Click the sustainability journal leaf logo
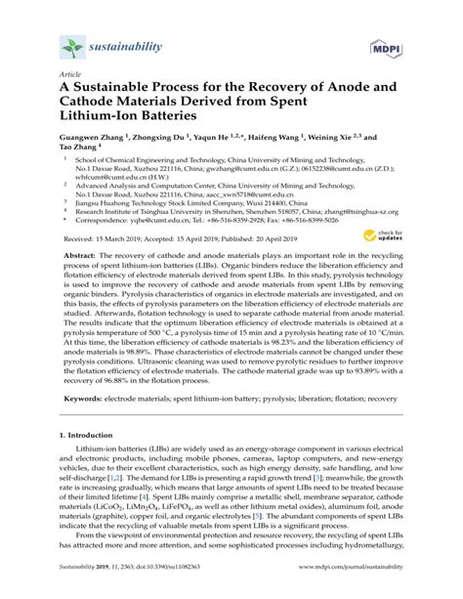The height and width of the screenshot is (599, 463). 72,45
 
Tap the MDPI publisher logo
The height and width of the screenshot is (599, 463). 383,48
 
